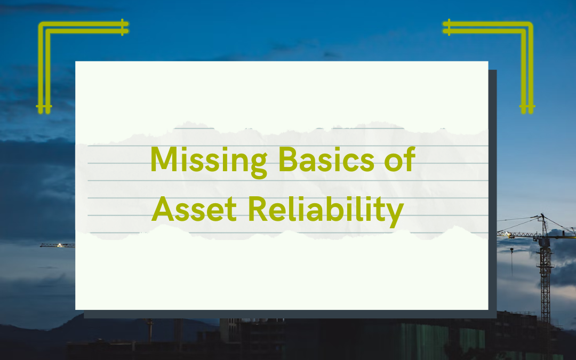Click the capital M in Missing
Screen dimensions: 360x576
[x=163, y=159]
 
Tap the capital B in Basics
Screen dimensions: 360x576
[x=287, y=159]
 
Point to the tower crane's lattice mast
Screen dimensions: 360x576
[x=545, y=283]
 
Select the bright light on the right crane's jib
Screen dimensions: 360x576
[x=507, y=234]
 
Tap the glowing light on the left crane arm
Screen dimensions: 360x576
[x=59, y=245]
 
